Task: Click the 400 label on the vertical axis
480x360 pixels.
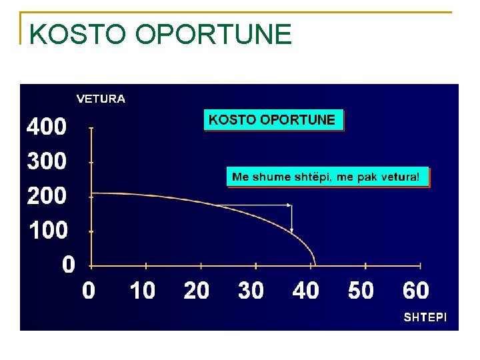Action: [x=47, y=127]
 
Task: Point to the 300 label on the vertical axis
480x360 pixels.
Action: [x=47, y=161]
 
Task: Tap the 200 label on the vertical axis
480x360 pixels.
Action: [x=47, y=196]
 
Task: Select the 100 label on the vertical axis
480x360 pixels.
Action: [x=48, y=231]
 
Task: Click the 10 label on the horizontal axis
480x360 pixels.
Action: [x=141, y=291]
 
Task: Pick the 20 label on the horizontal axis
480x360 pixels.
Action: [x=196, y=291]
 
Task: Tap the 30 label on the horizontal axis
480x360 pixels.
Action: [x=251, y=291]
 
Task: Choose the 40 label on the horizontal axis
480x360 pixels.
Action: [x=305, y=291]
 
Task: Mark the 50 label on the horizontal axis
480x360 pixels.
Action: [x=361, y=291]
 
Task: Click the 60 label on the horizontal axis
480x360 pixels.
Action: [x=415, y=291]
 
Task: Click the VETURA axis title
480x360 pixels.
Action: [x=101, y=99]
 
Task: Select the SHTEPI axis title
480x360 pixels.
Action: [x=425, y=318]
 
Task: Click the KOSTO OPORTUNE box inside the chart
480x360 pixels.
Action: [x=273, y=120]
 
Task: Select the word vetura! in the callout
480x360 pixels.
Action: [x=397, y=177]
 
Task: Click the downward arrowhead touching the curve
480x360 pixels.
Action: [x=292, y=229]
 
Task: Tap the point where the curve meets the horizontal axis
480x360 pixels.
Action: [x=315, y=263]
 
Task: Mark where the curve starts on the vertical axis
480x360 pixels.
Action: [x=91, y=193]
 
